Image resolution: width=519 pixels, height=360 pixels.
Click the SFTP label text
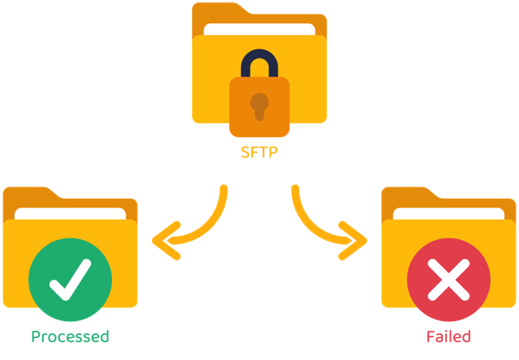(x=259, y=152)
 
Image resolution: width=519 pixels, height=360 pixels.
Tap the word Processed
(x=71, y=336)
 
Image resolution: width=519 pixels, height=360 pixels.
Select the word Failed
(x=448, y=336)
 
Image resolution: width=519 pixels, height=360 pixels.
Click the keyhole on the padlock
(x=259, y=106)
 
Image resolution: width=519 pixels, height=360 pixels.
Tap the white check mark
(x=71, y=280)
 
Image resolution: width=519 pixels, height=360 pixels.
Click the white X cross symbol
(x=448, y=280)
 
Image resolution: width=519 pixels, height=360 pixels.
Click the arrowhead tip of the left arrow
(x=153, y=241)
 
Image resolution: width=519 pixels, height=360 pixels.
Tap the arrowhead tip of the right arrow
(x=366, y=241)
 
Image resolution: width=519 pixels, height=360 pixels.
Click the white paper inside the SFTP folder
(x=259, y=29)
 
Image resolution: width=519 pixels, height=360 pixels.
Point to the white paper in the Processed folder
(x=71, y=213)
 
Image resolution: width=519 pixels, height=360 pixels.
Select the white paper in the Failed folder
(x=448, y=213)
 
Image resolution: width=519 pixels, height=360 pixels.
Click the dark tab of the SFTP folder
(x=218, y=13)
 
